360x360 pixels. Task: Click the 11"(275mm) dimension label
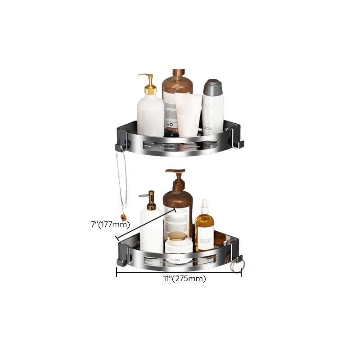(184, 279)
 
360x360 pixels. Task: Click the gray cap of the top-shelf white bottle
(212, 87)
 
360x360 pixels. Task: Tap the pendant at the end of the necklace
(123, 218)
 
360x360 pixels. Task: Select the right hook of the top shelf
(237, 144)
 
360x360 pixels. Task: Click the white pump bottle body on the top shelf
(150, 115)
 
